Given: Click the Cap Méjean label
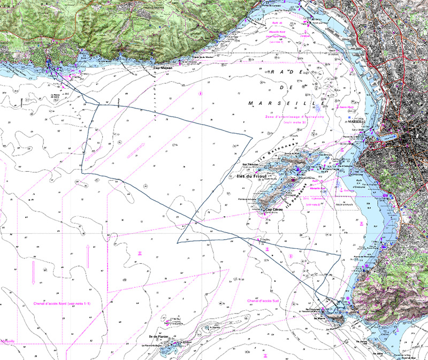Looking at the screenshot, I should [164, 68].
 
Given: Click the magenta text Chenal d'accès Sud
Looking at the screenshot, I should [264, 301].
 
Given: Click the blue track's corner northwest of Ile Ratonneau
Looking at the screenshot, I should [251, 138].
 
